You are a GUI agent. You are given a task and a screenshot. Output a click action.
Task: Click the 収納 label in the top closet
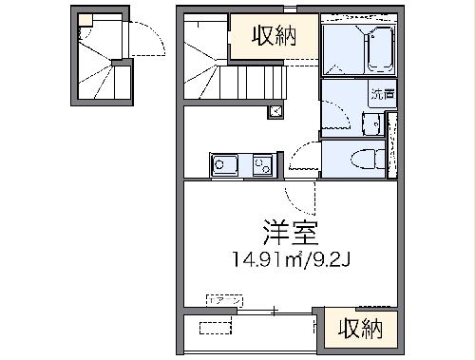[x=273, y=36]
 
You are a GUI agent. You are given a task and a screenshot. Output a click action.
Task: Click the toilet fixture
[x=366, y=160]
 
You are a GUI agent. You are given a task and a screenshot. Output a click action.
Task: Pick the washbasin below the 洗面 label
[x=372, y=123]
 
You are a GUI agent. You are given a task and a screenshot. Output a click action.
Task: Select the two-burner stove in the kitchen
[x=261, y=166]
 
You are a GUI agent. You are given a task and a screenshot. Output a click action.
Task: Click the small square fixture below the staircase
[x=275, y=111]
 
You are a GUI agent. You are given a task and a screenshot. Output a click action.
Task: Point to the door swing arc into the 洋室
[x=302, y=195]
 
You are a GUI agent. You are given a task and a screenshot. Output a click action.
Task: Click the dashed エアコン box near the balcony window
[x=225, y=300]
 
